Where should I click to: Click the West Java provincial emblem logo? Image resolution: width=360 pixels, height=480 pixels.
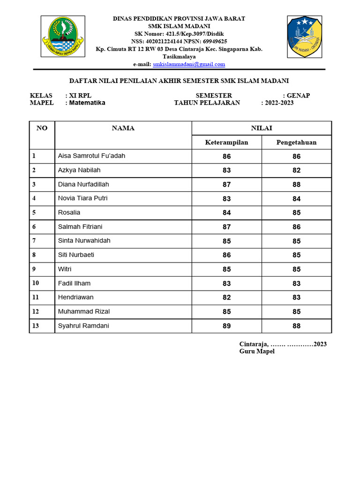(x=62, y=37)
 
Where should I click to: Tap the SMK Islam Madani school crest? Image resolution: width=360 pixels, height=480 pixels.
(x=304, y=36)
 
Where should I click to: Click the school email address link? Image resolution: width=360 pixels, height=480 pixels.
(x=189, y=64)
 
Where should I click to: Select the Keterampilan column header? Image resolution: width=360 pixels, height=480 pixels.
(x=226, y=142)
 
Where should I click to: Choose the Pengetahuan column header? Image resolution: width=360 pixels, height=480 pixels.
(x=296, y=142)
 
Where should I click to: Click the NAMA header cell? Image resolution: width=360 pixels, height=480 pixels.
(x=123, y=128)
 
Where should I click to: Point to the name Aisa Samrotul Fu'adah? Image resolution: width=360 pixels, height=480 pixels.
(x=91, y=156)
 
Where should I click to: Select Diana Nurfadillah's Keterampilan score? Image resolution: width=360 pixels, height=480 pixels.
(x=227, y=185)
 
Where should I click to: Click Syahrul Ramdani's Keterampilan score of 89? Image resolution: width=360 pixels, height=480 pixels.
(x=227, y=326)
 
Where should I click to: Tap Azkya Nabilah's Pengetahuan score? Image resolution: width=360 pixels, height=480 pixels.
(x=296, y=171)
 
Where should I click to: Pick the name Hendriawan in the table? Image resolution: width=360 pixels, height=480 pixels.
(x=75, y=297)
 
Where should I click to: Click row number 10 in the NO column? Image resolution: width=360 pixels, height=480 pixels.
(x=36, y=283)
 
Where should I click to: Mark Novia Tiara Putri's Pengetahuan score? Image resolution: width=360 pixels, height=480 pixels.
(x=296, y=199)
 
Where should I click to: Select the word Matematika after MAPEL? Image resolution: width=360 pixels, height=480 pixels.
(x=87, y=103)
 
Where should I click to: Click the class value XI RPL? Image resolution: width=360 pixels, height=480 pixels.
(x=80, y=96)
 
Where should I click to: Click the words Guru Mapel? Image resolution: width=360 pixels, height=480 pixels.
(x=257, y=352)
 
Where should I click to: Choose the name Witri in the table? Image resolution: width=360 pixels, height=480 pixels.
(x=65, y=269)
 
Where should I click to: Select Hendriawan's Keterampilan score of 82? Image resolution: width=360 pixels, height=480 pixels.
(x=227, y=298)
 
